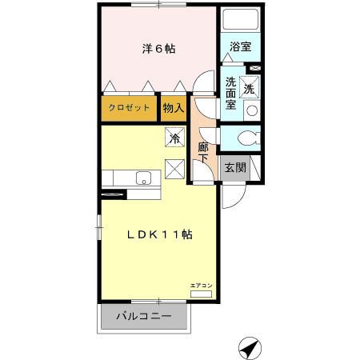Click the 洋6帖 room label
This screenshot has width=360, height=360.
159,49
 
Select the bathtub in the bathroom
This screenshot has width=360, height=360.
239,21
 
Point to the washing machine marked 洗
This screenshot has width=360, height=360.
250,89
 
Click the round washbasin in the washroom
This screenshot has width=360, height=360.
252,110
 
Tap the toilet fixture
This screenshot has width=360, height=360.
246,137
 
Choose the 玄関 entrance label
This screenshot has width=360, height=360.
234,168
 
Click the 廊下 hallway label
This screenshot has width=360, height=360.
204,152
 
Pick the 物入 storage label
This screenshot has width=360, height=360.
173,108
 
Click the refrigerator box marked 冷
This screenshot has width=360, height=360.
174,138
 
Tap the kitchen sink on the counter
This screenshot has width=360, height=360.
144,178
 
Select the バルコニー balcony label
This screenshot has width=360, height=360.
144,317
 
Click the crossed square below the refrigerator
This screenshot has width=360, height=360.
175,170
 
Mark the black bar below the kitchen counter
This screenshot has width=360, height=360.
113,194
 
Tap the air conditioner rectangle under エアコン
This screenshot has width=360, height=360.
201,294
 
